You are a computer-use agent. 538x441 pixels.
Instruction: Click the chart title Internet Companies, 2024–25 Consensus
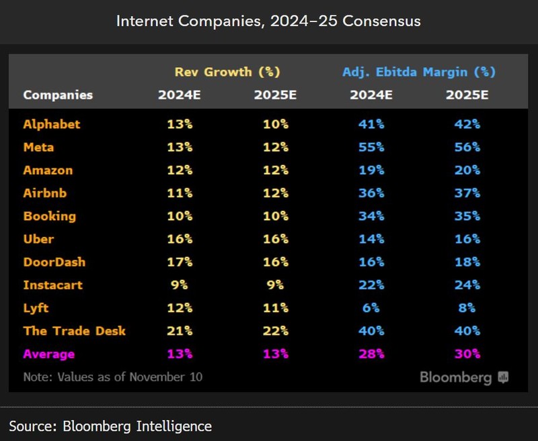click(268, 21)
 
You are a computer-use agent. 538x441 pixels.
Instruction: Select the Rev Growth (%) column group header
click(227, 72)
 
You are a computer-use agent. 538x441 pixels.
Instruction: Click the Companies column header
click(58, 95)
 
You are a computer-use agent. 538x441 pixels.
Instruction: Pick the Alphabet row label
click(52, 124)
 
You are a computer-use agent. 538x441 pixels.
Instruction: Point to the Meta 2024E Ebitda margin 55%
click(371, 147)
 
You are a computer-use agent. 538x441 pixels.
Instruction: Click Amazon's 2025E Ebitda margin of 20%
click(467, 170)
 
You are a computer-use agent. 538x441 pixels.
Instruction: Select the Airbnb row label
click(45, 193)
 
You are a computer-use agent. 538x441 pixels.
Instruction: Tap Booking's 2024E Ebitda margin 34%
click(371, 216)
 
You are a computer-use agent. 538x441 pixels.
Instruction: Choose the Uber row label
click(39, 239)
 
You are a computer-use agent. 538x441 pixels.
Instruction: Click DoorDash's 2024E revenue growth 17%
click(180, 262)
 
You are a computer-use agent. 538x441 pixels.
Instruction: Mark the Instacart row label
click(53, 285)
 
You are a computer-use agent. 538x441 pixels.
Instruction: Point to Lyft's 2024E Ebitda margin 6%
click(371, 308)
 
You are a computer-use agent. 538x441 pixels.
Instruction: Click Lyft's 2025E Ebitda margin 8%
click(467, 308)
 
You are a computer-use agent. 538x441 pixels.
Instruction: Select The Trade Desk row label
click(75, 331)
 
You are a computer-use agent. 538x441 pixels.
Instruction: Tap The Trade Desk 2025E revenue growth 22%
click(275, 331)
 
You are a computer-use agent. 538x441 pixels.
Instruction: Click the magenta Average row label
click(49, 354)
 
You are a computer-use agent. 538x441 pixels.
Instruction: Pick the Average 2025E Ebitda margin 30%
click(467, 354)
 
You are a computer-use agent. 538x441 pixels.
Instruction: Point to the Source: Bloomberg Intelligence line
click(110, 426)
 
